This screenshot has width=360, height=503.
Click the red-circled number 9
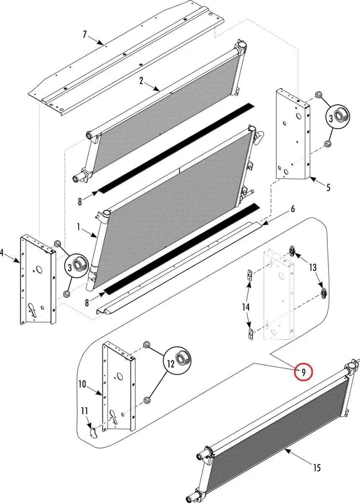(303, 371)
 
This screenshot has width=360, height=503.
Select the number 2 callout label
(142, 81)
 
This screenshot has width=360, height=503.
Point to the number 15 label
(317, 467)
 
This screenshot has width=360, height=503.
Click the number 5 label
(328, 187)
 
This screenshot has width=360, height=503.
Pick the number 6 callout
(293, 209)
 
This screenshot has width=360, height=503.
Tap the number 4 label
(2, 253)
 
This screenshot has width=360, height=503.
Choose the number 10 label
(82, 384)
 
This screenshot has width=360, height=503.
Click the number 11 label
(85, 410)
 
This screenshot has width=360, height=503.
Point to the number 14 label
(246, 307)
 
